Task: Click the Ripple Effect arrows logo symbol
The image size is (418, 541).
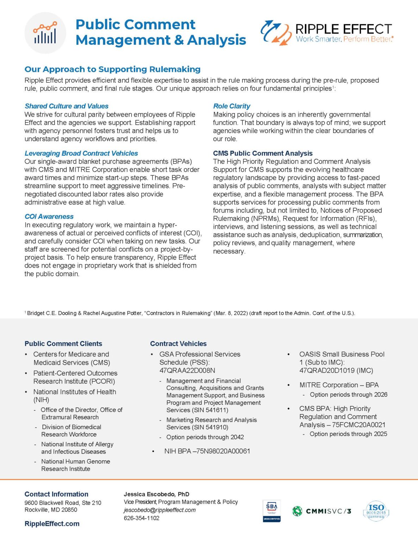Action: (276, 33)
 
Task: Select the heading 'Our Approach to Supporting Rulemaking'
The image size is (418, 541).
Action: (112, 69)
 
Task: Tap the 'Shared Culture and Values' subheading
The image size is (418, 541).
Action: (66, 106)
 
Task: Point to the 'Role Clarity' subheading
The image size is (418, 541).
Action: (231, 106)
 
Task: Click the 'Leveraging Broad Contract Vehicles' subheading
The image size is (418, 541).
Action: (81, 153)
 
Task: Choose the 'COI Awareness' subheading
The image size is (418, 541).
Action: (49, 216)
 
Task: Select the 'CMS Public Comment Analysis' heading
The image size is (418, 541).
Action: (263, 153)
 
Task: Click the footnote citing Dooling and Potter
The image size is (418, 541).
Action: (190, 313)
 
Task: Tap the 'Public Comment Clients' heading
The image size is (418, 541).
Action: (63, 343)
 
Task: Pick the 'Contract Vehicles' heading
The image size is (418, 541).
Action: (178, 343)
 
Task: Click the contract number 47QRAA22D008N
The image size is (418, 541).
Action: (187, 371)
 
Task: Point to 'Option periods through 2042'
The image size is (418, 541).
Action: (205, 437)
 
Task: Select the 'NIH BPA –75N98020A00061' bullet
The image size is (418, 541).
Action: (207, 451)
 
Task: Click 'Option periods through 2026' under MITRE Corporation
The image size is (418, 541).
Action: (348, 394)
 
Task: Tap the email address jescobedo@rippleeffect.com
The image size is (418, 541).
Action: (160, 510)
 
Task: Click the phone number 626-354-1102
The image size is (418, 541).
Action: (141, 518)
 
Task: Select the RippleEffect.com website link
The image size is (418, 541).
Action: (52, 524)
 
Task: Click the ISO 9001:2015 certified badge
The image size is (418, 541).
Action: (376, 511)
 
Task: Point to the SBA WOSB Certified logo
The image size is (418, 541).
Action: (272, 511)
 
